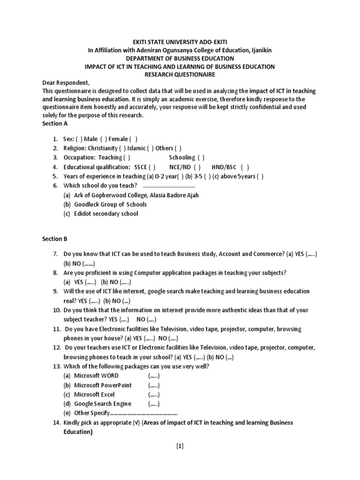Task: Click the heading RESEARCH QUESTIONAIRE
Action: (x=180, y=74)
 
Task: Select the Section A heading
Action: (x=52, y=123)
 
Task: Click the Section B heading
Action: (x=52, y=239)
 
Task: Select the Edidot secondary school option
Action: (x=105, y=214)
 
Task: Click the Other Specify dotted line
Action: (x=143, y=413)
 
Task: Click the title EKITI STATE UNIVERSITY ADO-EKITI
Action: (x=180, y=42)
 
